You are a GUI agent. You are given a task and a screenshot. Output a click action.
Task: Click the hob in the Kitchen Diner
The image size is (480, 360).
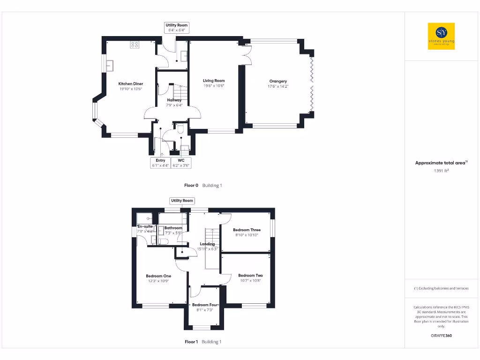pos(135,45)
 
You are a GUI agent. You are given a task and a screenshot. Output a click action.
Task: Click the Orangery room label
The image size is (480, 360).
pos(278,81)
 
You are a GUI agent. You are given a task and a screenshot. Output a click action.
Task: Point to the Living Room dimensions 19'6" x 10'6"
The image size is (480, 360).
pos(214,86)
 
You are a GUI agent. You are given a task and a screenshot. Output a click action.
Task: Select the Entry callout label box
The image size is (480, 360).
pos(160,163)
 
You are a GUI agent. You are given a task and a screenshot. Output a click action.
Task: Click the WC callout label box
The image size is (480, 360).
pos(181,163)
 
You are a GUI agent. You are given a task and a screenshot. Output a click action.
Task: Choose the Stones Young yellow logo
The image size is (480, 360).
pos(441,36)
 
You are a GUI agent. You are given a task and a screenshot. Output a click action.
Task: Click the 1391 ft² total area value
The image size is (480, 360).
pos(441,171)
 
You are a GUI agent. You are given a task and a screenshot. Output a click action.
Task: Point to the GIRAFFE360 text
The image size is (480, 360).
pos(441,336)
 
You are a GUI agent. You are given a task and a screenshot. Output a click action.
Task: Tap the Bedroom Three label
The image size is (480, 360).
pos(247,230)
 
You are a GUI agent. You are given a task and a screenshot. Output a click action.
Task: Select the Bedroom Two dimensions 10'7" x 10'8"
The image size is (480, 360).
pos(250,280)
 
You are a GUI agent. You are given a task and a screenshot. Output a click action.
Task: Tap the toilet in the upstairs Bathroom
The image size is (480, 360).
pos(163,241)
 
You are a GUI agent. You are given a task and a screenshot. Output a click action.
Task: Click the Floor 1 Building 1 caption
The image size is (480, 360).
pos(203,342)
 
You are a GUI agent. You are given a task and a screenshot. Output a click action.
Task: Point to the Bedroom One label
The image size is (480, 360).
pos(158,276)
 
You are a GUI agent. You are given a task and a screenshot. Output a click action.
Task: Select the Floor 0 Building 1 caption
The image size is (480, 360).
pos(203,185)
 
